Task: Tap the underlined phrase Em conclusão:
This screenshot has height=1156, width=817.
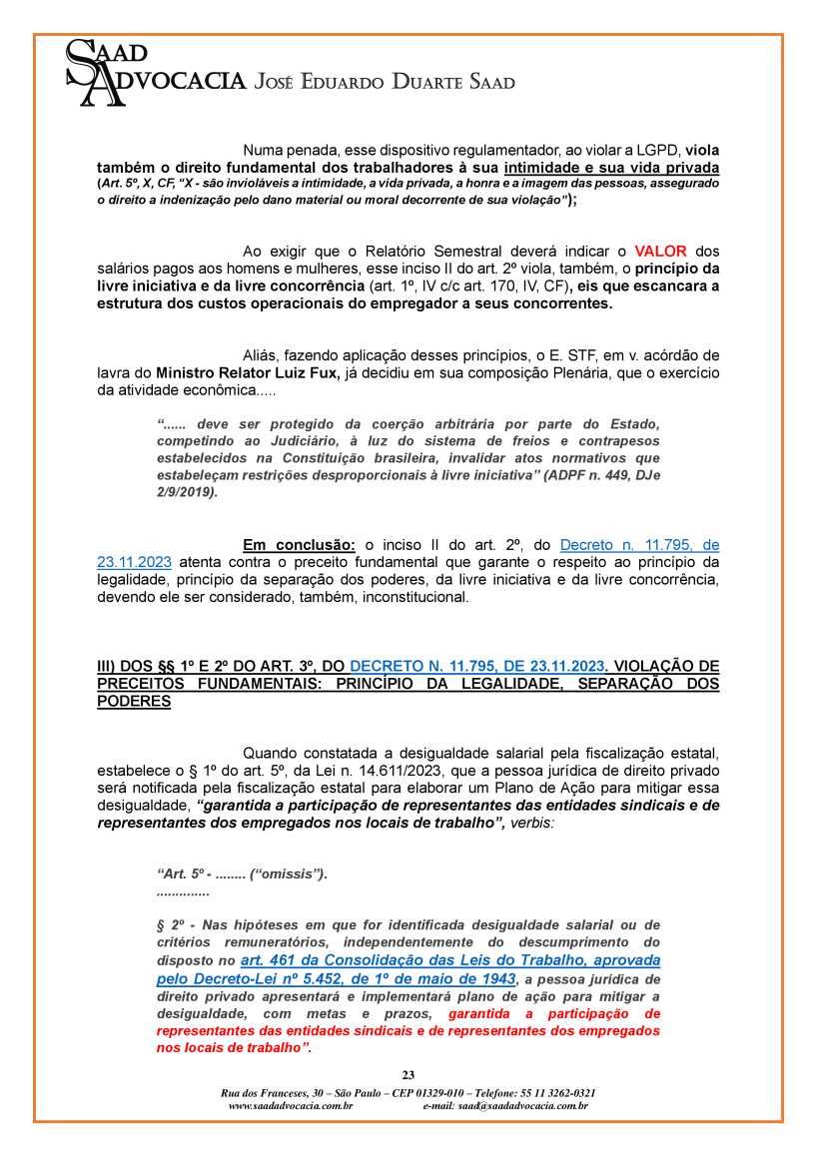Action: pos(299,545)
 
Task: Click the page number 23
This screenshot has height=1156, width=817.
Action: pos(408,1075)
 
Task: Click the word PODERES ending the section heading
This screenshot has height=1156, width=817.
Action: pos(134,702)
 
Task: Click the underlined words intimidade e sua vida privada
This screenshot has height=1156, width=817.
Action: pos(611,167)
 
